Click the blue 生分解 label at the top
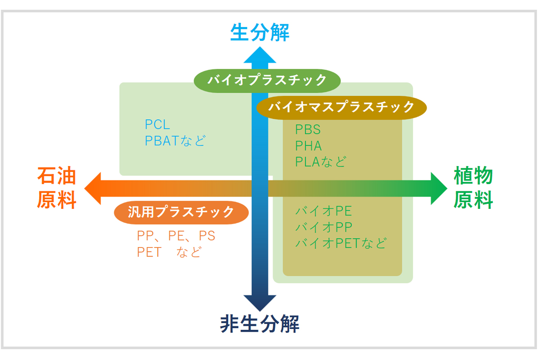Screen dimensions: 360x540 coord(260,33)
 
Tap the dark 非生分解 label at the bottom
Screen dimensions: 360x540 coord(260,324)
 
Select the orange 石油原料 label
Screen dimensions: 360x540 coord(56,188)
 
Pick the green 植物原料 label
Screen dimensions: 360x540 coord(473,188)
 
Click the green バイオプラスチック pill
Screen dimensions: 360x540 coord(267,81)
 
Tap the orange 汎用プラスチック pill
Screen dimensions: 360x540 coord(181,212)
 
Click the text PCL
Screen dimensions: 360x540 coord(157,125)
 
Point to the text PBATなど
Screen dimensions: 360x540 coord(175,140)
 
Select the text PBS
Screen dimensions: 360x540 coord(308,130)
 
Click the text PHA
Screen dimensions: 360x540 coord(308,146)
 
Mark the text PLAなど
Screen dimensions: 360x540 coord(320,162)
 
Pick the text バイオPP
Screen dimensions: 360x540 coord(324,227)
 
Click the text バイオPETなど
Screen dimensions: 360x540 coord(341,243)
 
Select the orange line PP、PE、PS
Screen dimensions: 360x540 coord(176,236)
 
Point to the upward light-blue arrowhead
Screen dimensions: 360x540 coord(260,54)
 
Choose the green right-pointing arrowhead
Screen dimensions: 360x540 coord(438,188)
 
